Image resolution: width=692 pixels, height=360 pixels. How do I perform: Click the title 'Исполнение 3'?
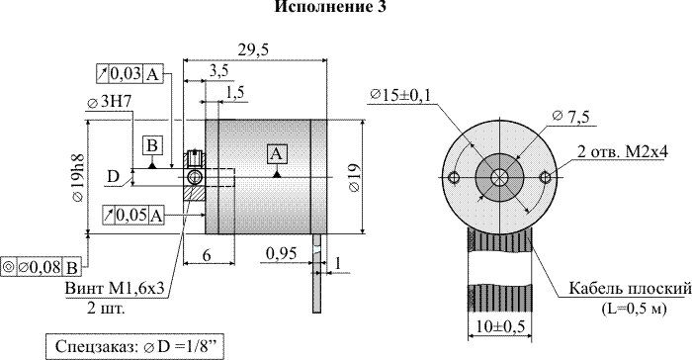[x=330, y=7]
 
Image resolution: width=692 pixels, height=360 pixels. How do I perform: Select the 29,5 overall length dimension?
[x=253, y=49]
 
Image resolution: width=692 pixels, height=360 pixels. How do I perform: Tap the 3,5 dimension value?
[x=218, y=71]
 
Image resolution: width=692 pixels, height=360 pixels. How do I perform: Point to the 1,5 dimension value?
[x=234, y=93]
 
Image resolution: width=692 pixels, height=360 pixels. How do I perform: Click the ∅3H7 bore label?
[x=110, y=103]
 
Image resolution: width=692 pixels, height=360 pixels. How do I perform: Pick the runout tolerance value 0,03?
[x=126, y=73]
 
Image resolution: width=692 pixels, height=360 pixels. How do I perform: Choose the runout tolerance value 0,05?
[x=131, y=216]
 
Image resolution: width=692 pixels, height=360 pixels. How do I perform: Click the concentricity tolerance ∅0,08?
[x=40, y=267]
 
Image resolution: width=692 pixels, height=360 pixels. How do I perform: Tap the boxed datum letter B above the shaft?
[x=152, y=146]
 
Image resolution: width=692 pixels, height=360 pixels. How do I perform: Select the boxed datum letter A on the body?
[x=276, y=153]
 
